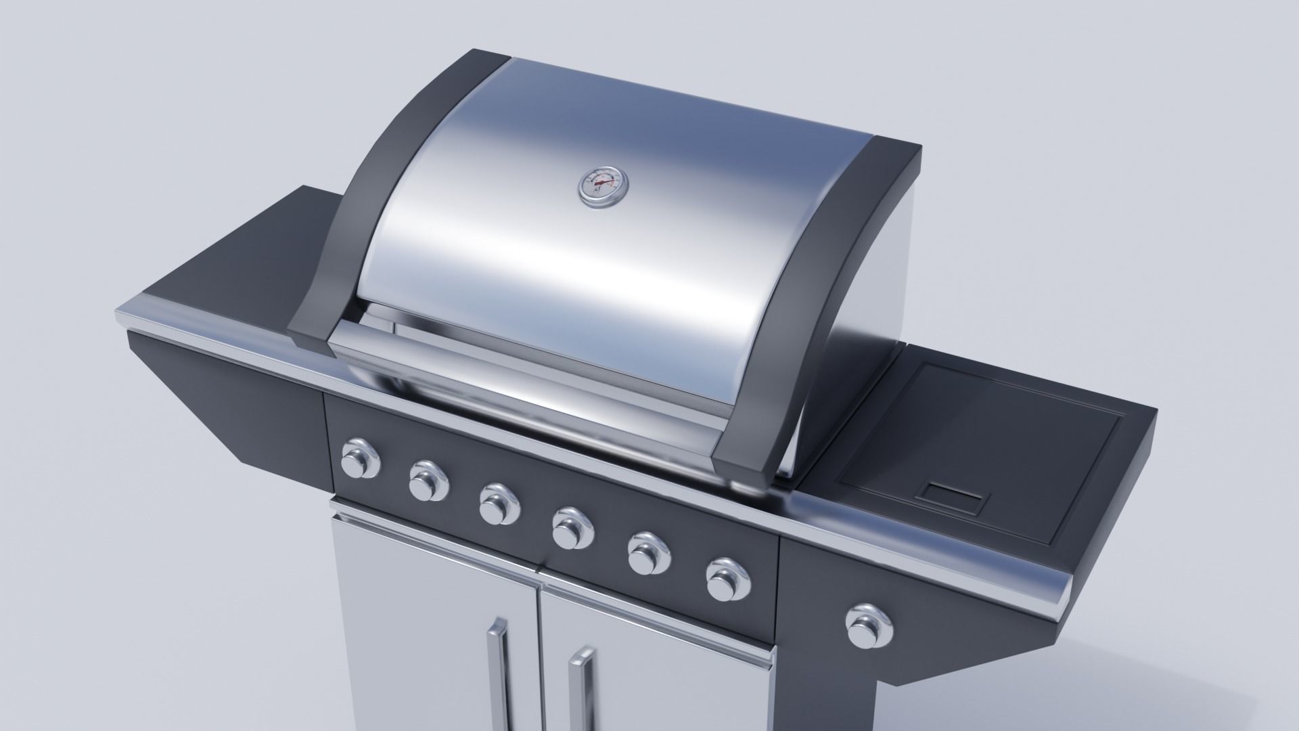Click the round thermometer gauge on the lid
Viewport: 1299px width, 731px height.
click(x=602, y=185)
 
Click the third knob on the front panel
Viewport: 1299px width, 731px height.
click(x=499, y=504)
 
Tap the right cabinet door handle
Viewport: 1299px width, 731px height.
click(x=580, y=690)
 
